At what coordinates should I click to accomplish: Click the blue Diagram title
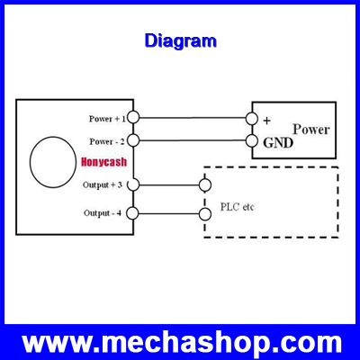(180, 41)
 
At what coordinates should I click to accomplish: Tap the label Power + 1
(107, 119)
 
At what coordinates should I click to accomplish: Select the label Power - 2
(107, 141)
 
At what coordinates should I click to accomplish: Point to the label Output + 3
(103, 184)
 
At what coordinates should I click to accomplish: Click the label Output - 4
(103, 213)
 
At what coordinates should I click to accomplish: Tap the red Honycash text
(104, 162)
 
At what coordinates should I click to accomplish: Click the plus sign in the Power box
(266, 121)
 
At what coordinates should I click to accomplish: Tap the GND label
(278, 143)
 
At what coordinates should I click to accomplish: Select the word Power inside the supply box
(311, 130)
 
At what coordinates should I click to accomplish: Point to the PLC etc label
(237, 207)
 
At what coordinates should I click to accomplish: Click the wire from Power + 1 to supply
(193, 118)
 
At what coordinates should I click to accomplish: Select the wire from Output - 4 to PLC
(169, 213)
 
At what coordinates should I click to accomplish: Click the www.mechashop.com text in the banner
(182, 342)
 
